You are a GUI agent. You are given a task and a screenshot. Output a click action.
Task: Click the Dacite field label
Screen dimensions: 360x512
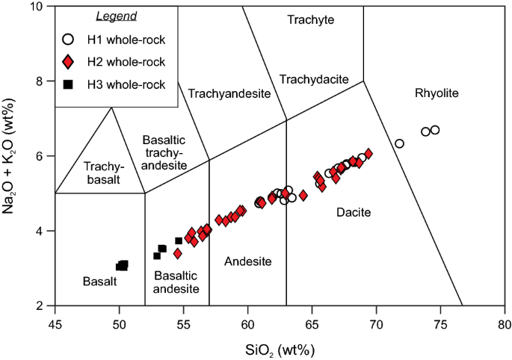click(354, 213)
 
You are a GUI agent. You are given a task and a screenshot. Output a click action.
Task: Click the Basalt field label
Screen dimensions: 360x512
click(99, 281)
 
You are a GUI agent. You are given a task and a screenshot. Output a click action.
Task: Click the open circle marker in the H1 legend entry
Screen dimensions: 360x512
click(68, 39)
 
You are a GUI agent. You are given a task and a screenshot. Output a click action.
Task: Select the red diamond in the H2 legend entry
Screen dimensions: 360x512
click(68, 61)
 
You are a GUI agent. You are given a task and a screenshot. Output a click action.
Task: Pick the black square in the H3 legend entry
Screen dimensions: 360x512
click(68, 84)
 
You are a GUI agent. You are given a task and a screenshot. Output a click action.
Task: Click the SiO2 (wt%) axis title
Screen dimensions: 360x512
click(280, 348)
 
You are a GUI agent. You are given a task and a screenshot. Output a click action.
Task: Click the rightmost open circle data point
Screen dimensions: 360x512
click(435, 130)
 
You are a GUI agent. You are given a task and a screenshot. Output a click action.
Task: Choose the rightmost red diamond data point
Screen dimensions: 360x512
click(368, 153)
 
